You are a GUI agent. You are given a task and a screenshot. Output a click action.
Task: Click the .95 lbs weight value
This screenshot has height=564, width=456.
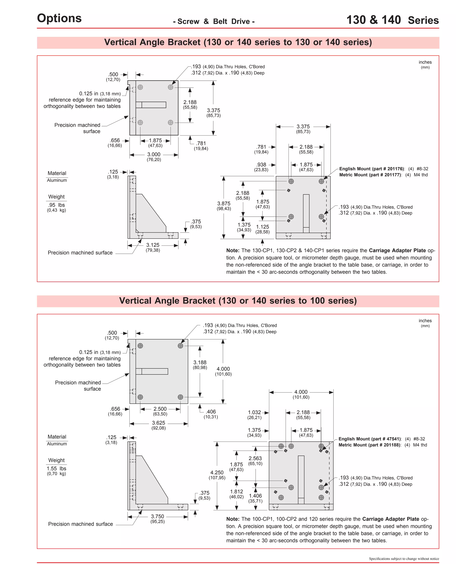pos(56,205)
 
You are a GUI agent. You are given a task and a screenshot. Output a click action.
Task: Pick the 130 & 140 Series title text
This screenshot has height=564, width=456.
pos(393,20)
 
